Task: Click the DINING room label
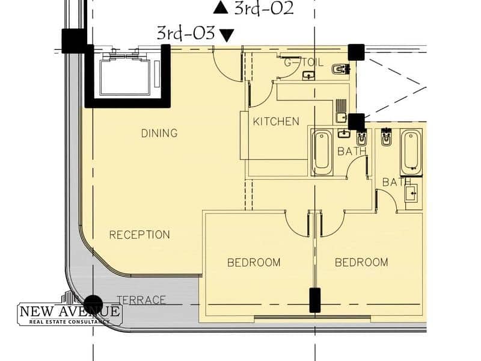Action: (159, 133)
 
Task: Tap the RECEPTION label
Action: (139, 235)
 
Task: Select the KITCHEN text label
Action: (276, 122)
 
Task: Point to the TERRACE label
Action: (141, 300)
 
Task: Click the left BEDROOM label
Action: (254, 262)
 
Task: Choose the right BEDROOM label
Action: (361, 262)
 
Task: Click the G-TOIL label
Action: (304, 63)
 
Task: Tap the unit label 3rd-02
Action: (264, 8)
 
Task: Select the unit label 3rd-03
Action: (186, 33)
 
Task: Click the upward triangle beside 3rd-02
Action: (221, 8)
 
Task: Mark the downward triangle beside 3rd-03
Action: (227, 35)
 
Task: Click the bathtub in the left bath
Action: (322, 153)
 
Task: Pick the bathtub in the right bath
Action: (411, 153)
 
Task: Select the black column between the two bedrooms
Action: (315, 300)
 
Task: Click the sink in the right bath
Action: (411, 193)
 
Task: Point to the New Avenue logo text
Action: (70, 312)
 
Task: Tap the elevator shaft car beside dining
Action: (125, 77)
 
